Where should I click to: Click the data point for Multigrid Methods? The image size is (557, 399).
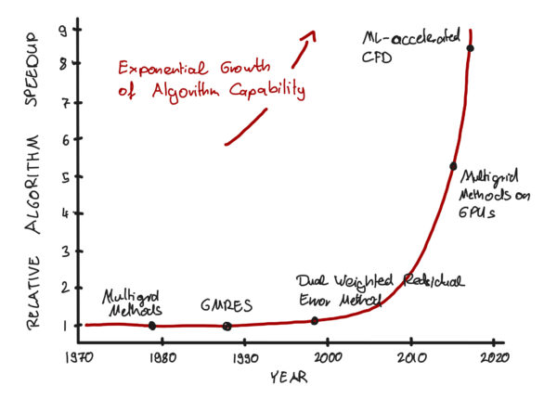[x=151, y=325]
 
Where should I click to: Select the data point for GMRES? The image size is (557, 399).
[x=227, y=326]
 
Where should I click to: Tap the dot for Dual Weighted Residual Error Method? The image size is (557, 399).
[x=314, y=321]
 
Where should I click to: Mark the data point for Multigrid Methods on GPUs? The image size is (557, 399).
[x=453, y=166]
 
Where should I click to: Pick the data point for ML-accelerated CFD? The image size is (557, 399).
[x=470, y=48]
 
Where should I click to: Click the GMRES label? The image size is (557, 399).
[x=227, y=304]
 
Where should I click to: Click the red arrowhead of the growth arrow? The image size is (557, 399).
[x=309, y=35]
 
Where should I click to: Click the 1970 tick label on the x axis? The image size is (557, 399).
[x=80, y=356]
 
